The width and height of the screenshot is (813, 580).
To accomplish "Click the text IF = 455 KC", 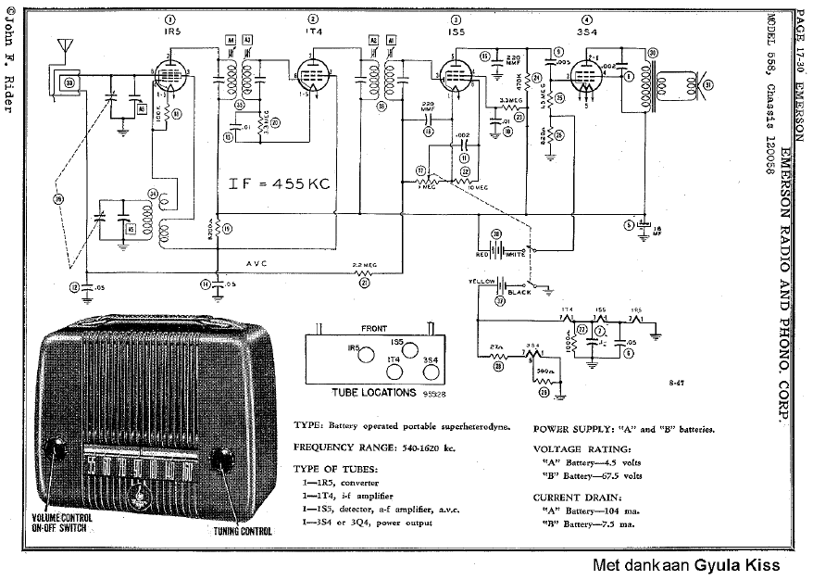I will coord(279,183).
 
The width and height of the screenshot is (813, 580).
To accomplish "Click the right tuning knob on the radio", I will coord(223,460).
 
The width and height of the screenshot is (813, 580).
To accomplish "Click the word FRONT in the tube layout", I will coord(375,328).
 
